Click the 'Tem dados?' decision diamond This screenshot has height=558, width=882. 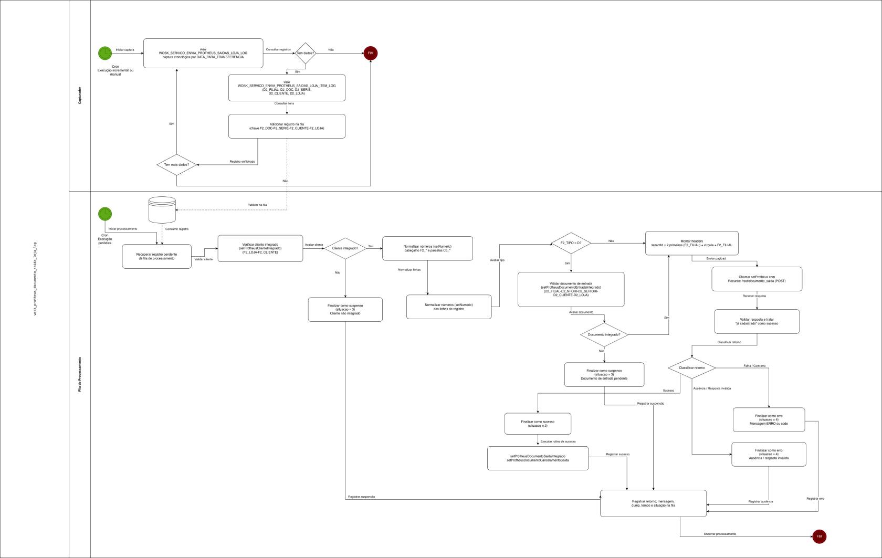pos(306,53)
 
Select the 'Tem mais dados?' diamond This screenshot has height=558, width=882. pos(176,165)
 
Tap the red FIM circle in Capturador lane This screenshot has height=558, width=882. pos(371,53)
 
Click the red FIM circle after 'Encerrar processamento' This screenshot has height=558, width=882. pos(819,536)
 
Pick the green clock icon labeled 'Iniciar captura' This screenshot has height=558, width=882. pos(105,53)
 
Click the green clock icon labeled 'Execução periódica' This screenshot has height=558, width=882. pos(105,214)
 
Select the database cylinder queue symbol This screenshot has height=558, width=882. pos(162,210)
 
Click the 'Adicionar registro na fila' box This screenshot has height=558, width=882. pos(287,127)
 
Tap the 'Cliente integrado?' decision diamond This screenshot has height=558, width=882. pos(345,248)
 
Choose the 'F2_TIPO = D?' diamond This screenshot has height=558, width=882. pos(571,243)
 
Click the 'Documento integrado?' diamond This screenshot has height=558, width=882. pos(604,334)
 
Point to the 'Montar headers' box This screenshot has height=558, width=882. pos(691,243)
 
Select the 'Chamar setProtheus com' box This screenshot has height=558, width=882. pos(757,279)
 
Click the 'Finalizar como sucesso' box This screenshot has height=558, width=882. pos(538,424)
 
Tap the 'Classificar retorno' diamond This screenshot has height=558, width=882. pos(692,368)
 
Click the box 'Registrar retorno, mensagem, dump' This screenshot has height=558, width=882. pos(653,503)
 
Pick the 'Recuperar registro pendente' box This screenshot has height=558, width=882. pos(156,256)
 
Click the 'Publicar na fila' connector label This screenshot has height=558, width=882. pos(257,205)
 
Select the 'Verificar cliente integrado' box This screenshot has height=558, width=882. pos(260,248)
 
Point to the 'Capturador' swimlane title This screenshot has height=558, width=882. pos(80,96)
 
